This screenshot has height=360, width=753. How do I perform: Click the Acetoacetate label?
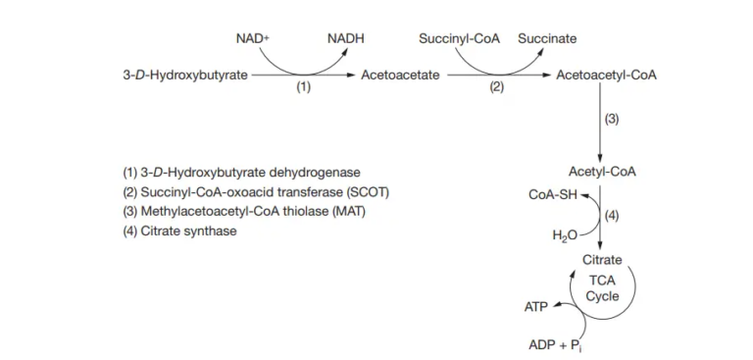(400, 75)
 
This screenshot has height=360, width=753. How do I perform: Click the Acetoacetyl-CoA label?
(606, 75)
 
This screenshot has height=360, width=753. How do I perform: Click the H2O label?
(563, 235)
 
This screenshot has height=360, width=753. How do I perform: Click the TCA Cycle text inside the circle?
(602, 288)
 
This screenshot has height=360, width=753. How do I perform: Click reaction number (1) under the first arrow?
(303, 87)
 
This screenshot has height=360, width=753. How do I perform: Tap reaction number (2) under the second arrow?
(496, 87)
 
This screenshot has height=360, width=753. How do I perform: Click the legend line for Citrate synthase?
(179, 231)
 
